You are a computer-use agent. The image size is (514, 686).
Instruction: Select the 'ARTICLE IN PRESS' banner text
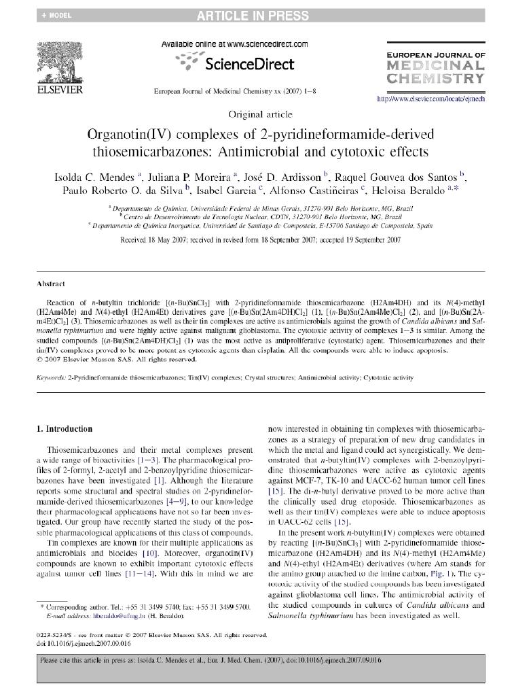pos(253,16)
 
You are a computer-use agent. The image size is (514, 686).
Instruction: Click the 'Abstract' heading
pos(51,284)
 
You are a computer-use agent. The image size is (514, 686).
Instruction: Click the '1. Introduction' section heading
pos(65,429)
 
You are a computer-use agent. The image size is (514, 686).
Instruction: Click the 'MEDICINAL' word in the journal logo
pos(435,66)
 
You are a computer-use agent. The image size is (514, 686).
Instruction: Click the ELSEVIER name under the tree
pos(60,90)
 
